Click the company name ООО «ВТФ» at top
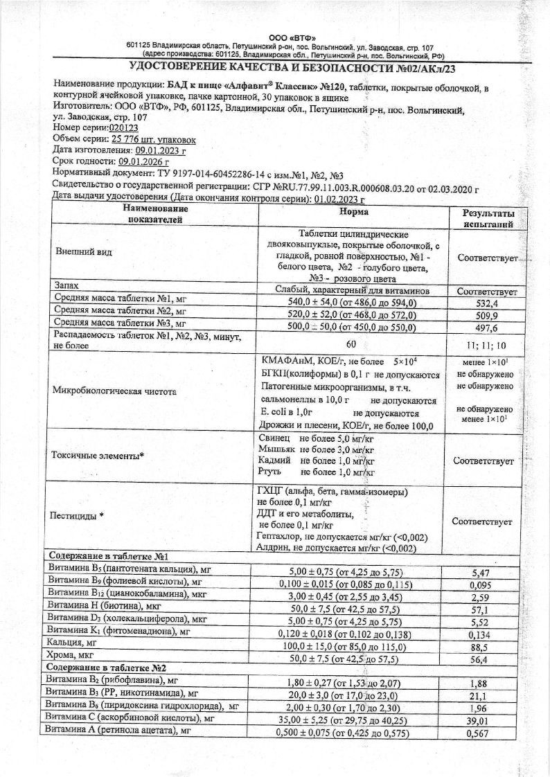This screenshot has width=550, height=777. point(292,37)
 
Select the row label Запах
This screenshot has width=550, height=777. point(67,285)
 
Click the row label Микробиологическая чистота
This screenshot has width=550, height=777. point(113,391)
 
